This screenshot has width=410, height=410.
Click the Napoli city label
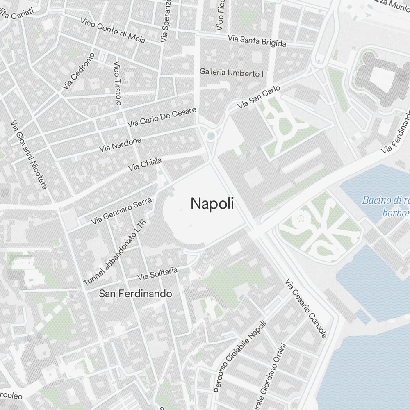(212, 203)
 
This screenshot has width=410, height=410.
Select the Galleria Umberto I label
(231, 73)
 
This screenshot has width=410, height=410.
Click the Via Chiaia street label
(145, 164)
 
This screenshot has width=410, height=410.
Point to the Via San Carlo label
(259, 97)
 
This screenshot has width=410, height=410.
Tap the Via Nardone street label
(120, 145)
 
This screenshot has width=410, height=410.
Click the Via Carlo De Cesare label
(162, 117)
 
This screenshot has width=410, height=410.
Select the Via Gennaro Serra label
(122, 210)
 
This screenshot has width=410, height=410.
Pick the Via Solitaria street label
(157, 274)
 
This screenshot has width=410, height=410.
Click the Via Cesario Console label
(306, 309)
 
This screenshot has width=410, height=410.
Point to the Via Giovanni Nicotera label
(29, 155)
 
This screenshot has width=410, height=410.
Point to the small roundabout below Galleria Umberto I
(211, 135)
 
